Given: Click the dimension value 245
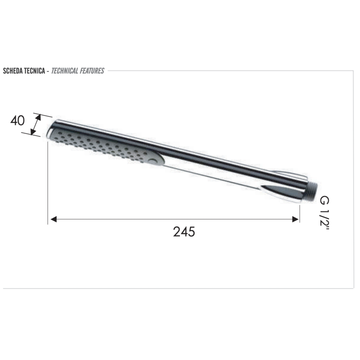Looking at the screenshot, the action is (184, 231).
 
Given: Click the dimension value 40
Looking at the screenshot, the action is (17, 120).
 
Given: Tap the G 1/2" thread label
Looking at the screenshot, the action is (325, 214).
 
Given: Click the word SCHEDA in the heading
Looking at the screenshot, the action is (12, 70).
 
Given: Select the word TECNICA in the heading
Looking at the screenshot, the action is (34, 70).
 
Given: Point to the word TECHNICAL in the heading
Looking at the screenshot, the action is (64, 70).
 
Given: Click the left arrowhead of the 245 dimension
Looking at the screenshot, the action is (53, 219).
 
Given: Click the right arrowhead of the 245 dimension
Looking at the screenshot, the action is (295, 219).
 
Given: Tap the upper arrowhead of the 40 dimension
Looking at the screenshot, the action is (38, 117).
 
